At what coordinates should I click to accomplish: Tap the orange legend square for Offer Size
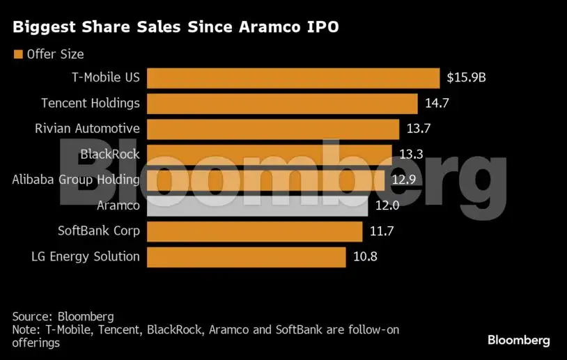click(17, 54)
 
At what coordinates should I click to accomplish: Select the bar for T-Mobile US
click(293, 77)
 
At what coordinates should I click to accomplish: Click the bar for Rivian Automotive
click(272, 129)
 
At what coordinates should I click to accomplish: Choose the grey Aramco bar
click(257, 205)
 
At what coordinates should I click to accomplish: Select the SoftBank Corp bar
click(254, 230)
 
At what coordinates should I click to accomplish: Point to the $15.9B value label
click(466, 77)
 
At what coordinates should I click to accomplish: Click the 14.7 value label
click(437, 103)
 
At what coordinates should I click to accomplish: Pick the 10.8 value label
click(365, 256)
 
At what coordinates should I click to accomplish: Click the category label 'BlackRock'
click(110, 154)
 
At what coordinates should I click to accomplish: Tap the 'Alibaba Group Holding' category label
click(76, 180)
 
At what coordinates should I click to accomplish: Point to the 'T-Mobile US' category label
click(105, 77)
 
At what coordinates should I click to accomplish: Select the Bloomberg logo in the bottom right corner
click(518, 341)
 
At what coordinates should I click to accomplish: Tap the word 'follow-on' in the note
click(375, 329)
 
